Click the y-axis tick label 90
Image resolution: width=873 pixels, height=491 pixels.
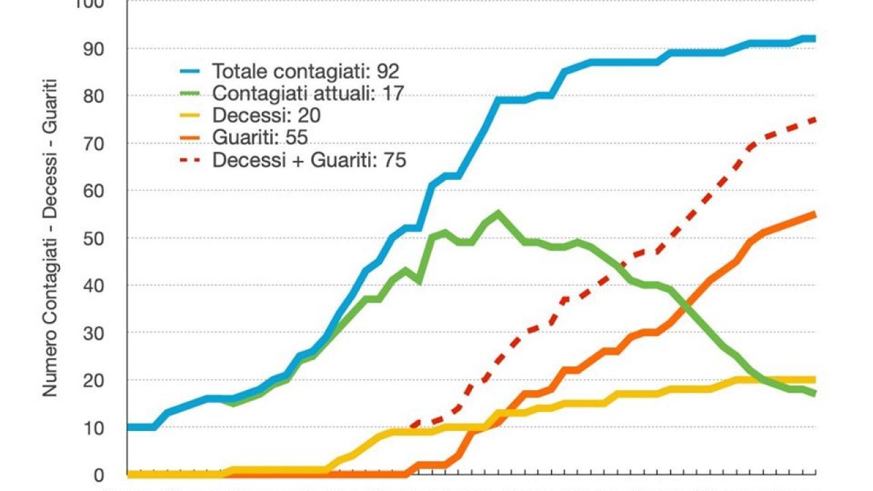click(x=95, y=49)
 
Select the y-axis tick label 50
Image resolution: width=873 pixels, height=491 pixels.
click(x=95, y=239)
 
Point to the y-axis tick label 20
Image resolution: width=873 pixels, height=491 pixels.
click(x=95, y=381)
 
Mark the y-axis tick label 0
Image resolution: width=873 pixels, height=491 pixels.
click(x=100, y=475)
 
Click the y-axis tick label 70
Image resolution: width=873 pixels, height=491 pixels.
click(x=95, y=144)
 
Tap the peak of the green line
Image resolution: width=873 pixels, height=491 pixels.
click(x=498, y=213)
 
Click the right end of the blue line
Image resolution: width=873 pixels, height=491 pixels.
click(x=813, y=39)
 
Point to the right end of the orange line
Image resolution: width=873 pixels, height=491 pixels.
click(x=813, y=215)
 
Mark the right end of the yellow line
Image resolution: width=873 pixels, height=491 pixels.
click(x=813, y=380)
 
